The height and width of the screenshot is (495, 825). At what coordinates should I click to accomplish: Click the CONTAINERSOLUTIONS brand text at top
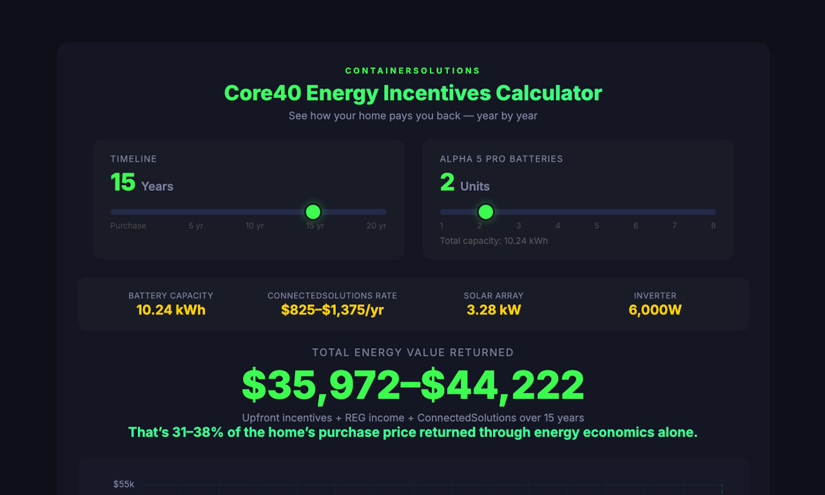(412, 71)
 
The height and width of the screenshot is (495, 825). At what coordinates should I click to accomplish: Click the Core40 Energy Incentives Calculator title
(412, 93)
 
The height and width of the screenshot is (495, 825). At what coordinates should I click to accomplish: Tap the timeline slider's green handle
(313, 211)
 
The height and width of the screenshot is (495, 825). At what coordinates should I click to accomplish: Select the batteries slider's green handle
(486, 211)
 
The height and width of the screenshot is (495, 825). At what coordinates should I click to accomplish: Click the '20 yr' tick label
(376, 226)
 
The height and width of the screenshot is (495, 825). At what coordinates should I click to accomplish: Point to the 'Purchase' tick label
(128, 226)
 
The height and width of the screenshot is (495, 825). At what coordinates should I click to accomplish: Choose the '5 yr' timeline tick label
(196, 226)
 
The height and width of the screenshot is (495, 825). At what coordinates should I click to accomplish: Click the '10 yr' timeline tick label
(255, 226)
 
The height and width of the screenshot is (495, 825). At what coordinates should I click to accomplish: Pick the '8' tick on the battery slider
(713, 226)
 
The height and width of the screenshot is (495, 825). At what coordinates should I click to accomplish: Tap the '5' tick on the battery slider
(597, 226)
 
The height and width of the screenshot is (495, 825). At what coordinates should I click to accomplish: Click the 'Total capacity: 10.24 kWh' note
(494, 241)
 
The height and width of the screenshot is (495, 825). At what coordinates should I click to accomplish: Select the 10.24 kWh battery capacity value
(171, 310)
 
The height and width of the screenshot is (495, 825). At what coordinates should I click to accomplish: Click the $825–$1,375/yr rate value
(333, 310)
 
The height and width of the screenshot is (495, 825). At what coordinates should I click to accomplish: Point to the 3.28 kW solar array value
(494, 310)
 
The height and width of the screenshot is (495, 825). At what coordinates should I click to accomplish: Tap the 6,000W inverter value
(655, 310)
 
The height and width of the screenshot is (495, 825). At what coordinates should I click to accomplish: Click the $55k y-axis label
(124, 484)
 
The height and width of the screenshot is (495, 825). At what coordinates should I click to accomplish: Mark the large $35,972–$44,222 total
(412, 385)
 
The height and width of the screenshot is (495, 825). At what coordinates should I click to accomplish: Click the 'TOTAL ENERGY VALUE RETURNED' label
(412, 353)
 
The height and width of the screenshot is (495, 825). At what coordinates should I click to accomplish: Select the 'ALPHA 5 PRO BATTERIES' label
(501, 159)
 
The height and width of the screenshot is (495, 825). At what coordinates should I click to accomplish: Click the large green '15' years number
(122, 182)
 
